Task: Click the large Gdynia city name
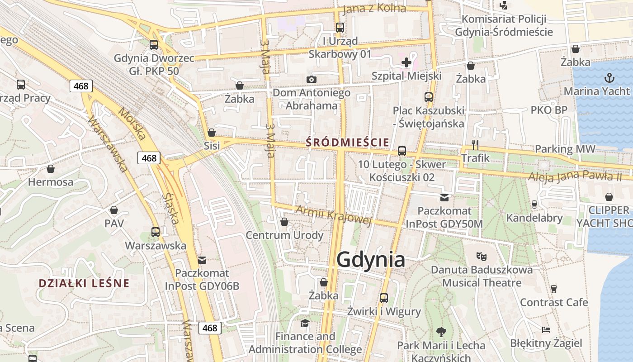(371, 260)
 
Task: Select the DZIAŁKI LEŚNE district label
(84, 284)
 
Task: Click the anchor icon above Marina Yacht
(610, 78)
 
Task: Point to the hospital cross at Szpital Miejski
(406, 62)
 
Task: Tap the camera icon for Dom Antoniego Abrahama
(311, 80)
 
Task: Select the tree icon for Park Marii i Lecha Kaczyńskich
(441, 332)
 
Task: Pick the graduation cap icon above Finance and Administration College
(305, 323)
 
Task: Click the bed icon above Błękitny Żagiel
(546, 329)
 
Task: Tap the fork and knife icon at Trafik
(475, 144)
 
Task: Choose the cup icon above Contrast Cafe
(553, 289)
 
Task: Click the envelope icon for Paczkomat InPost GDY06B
(202, 260)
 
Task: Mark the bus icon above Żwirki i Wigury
(384, 298)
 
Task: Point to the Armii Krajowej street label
(334, 214)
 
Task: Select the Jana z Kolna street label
(374, 9)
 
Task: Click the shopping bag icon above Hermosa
(51, 169)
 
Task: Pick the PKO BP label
(549, 110)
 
